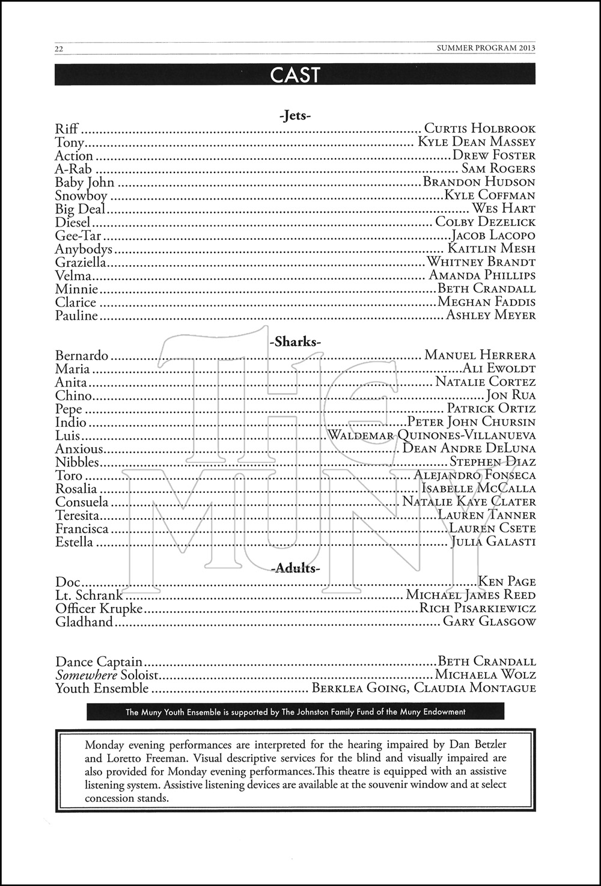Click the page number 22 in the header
(x=59, y=49)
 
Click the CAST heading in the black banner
(x=295, y=75)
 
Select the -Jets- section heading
(x=295, y=115)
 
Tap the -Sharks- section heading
(x=295, y=342)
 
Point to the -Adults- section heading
(x=295, y=568)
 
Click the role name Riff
(x=67, y=129)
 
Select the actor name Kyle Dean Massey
(x=477, y=142)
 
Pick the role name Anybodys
(x=84, y=249)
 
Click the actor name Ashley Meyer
(x=490, y=315)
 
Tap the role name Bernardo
(x=82, y=355)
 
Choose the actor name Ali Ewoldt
(x=499, y=368)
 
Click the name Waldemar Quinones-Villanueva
(x=432, y=435)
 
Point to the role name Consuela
(x=82, y=502)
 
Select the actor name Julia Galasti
(x=493, y=542)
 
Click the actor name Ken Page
(x=507, y=581)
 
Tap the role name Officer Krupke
(x=99, y=608)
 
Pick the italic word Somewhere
(x=86, y=675)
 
